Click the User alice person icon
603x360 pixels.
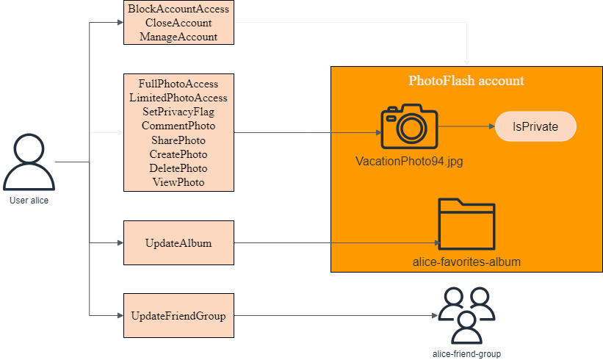tap(29, 163)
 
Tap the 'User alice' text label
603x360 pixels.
tap(29, 200)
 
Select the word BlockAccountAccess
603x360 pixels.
tap(178, 10)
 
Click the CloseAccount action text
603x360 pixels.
tap(178, 23)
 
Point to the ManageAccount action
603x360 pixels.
tap(178, 36)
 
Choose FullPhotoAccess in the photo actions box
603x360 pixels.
tap(178, 84)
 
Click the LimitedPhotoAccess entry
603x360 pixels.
tap(178, 98)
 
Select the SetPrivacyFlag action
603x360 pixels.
tap(178, 112)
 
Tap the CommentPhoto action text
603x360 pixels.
tap(178, 126)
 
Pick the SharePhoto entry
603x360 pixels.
tap(178, 140)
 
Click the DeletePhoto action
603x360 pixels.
tap(178, 168)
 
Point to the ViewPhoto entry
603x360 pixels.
tap(178, 182)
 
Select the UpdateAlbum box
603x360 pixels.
tap(178, 242)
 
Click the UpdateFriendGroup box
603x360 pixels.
tap(178, 316)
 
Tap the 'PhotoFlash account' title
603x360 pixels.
tap(466, 81)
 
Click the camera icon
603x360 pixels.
tap(409, 127)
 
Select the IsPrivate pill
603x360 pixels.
tap(535, 126)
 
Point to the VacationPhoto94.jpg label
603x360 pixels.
tap(409, 160)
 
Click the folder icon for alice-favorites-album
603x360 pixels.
tap(467, 223)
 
